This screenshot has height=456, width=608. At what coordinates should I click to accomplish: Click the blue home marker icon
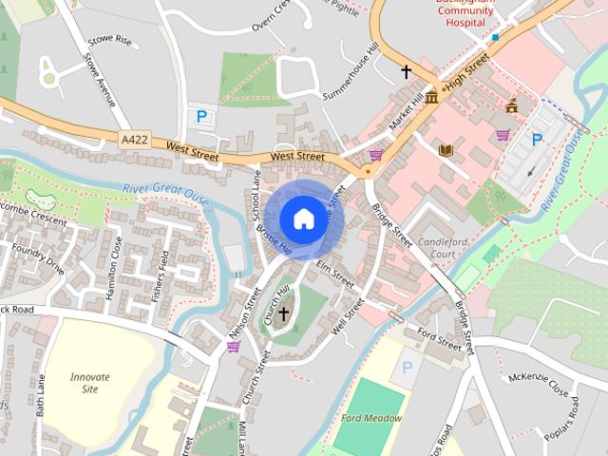click(x=303, y=218)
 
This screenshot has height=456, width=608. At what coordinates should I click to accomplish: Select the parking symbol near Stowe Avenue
click(x=201, y=116)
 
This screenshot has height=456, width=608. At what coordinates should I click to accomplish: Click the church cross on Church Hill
click(x=283, y=313)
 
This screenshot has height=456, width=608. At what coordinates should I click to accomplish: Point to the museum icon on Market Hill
click(x=432, y=97)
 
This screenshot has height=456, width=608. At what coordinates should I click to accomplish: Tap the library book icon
click(x=446, y=149)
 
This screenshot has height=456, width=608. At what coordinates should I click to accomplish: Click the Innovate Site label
click(x=90, y=383)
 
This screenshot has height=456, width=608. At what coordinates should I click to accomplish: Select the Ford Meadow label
click(x=371, y=418)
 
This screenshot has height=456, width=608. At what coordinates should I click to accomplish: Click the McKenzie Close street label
click(x=538, y=386)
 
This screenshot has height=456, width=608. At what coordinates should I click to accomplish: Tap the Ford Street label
click(x=439, y=340)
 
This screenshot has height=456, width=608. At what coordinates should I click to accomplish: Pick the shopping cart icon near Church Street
click(x=233, y=347)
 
